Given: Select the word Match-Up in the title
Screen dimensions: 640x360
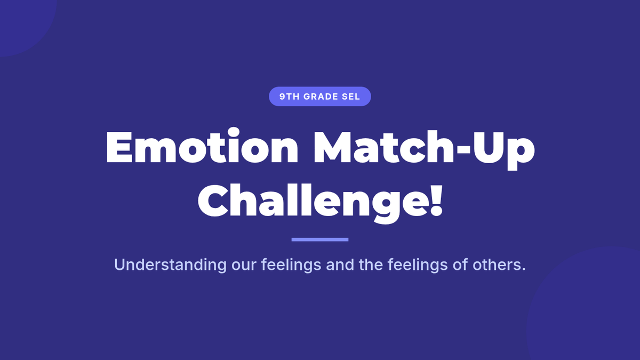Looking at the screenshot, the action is [424, 150].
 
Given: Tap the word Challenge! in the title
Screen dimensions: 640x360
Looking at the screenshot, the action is [321, 201].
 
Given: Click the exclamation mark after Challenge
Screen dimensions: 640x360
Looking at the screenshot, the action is [437, 199].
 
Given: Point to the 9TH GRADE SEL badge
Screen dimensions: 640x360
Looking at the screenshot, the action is [320, 97].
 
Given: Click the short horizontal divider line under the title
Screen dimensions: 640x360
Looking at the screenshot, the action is [320, 239].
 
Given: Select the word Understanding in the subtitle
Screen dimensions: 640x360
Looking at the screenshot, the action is [170, 265].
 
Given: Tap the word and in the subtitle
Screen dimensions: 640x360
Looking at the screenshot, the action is [340, 265].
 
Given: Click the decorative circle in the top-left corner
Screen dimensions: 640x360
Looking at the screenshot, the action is [23, 23].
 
